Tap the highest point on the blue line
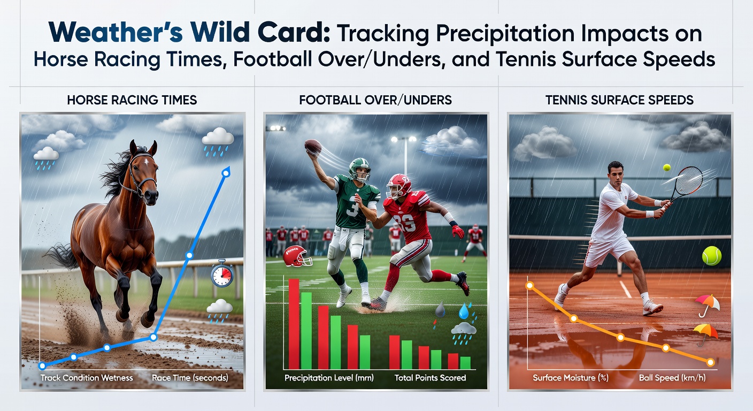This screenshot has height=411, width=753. click(x=226, y=173)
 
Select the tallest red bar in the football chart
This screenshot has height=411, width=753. click(x=294, y=324)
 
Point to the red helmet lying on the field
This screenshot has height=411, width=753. click(x=296, y=256)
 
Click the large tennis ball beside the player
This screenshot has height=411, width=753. click(x=712, y=256)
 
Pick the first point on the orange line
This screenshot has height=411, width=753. click(x=530, y=286)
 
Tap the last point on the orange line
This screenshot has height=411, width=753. click(x=711, y=362)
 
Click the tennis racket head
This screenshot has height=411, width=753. click(x=689, y=180)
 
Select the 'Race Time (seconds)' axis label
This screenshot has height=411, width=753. click(x=190, y=378)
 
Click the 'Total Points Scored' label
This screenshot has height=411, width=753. click(x=431, y=378)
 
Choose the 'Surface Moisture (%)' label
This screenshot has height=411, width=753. click(x=571, y=378)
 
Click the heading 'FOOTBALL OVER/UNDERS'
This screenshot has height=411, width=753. click(x=375, y=100)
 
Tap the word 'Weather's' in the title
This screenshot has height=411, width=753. click(x=116, y=32)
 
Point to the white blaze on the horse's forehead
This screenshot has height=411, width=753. click(x=147, y=162)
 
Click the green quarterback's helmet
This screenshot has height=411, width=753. click(x=359, y=170)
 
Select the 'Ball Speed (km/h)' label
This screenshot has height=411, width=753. click(x=672, y=378)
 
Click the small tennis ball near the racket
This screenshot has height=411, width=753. click(x=666, y=168)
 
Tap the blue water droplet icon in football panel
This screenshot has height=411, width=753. click(x=464, y=311)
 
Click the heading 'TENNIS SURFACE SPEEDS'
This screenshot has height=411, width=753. click(x=619, y=100)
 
